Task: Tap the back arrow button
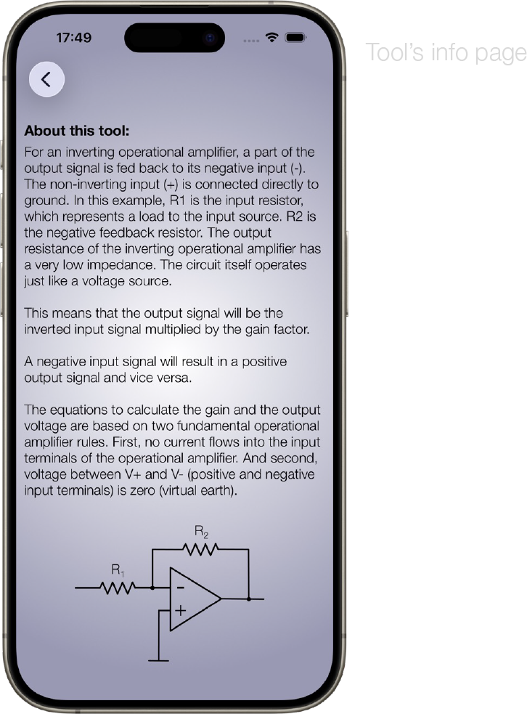[46, 80]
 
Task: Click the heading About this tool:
[77, 131]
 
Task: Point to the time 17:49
[73, 38]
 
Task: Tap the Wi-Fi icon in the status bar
[272, 37]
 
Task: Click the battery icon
[295, 37]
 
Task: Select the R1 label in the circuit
[118, 571]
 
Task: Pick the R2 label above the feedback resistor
[201, 532]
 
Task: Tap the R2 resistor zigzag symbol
[201, 550]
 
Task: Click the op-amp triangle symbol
[193, 599]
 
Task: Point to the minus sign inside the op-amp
[180, 587]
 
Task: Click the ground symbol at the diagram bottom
[158, 660]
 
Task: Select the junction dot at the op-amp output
[249, 599]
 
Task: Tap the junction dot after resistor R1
[152, 587]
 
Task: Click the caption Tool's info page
[445, 53]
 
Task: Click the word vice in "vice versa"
[147, 378]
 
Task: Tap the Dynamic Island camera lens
[210, 36]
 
